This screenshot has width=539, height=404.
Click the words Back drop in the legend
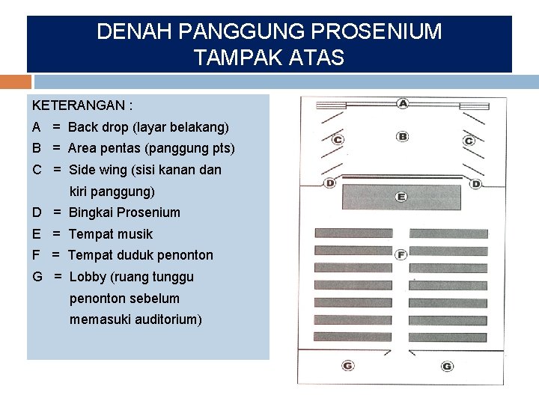click(98, 127)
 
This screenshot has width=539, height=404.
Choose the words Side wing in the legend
click(101, 170)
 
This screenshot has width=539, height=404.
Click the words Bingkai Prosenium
click(124, 212)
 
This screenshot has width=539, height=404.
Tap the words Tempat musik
click(110, 234)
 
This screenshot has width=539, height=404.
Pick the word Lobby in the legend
click(88, 277)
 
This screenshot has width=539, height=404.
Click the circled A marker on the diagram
click(403, 103)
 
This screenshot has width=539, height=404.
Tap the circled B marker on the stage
click(403, 136)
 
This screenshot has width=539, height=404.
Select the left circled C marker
click(338, 140)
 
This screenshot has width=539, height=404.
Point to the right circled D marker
click(476, 183)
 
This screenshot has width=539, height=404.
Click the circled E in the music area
click(401, 197)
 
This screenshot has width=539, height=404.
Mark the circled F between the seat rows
click(401, 254)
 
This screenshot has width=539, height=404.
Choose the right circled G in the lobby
click(447, 366)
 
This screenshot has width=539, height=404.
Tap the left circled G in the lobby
click(348, 365)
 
